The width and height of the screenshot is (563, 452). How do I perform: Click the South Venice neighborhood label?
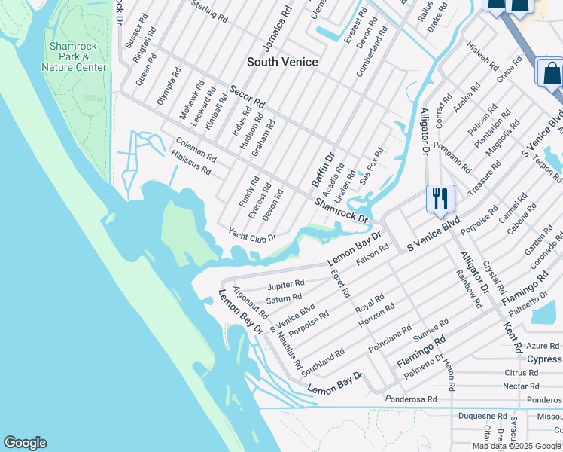(283, 62)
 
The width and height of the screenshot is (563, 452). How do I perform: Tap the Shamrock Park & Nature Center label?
(74, 56)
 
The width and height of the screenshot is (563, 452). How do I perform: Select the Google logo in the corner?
(25, 443)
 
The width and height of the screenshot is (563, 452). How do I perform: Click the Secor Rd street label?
(248, 96)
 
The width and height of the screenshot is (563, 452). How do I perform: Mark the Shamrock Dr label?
(341, 210)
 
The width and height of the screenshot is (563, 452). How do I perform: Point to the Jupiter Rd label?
(286, 286)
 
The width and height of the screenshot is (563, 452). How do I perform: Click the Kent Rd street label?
(512, 337)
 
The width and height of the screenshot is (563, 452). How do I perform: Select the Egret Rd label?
(341, 282)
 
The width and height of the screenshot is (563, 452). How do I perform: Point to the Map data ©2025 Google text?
(516, 446)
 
